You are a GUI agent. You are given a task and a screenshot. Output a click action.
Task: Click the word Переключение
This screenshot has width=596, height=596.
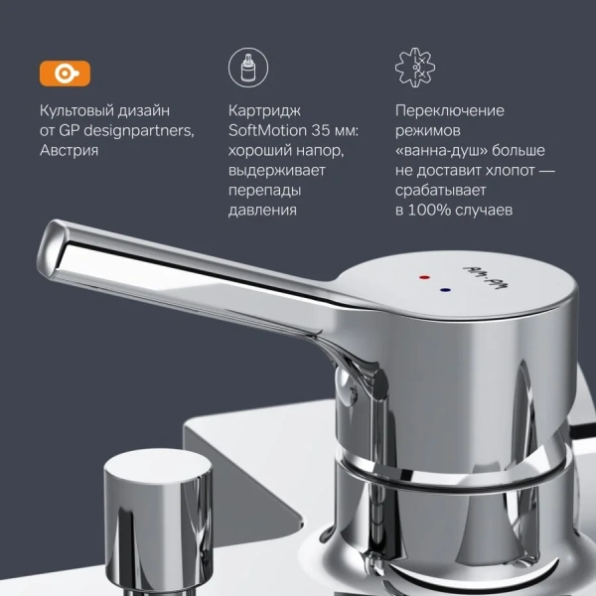(x=449, y=110)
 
